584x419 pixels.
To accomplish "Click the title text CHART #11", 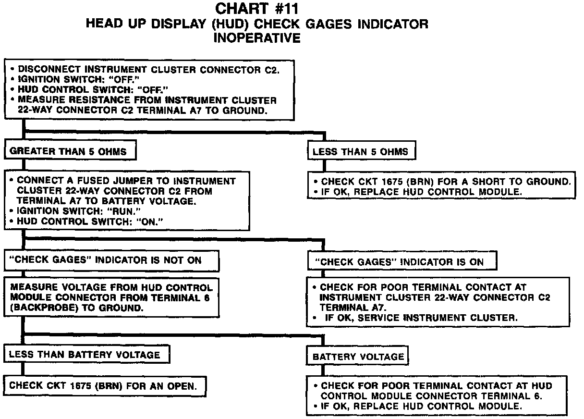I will [x=257, y=9].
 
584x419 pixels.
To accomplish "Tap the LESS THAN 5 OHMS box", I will [x=361, y=152].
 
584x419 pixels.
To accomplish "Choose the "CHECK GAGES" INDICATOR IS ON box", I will [x=401, y=262].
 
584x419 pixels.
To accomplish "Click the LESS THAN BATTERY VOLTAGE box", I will [x=88, y=355].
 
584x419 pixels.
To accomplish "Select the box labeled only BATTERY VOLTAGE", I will [x=358, y=357].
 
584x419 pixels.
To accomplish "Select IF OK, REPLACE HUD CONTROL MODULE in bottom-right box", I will [x=421, y=406].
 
